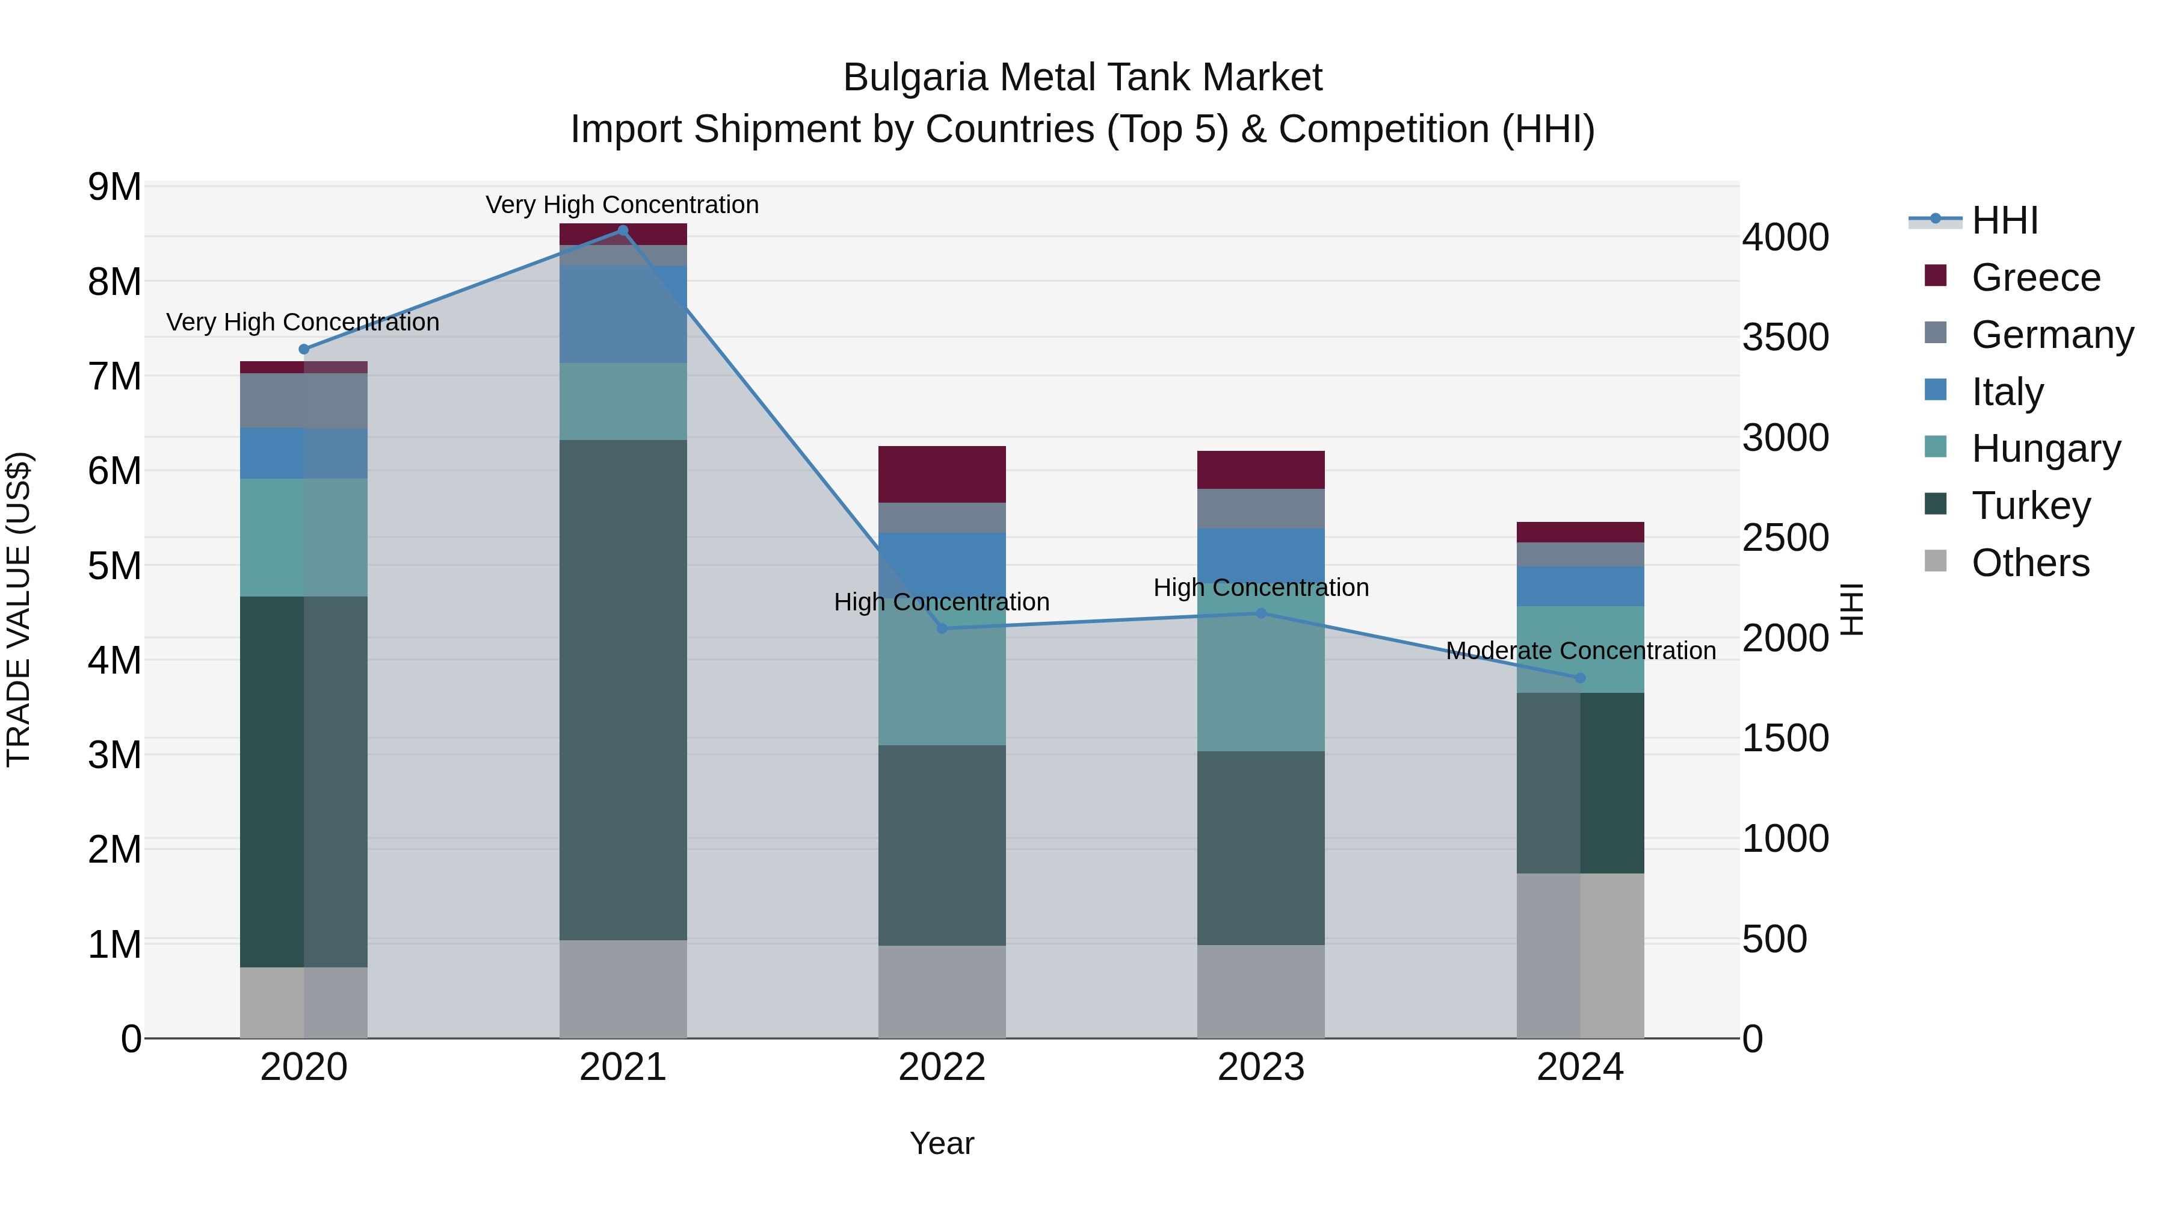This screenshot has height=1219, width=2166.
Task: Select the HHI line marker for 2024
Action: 1580,678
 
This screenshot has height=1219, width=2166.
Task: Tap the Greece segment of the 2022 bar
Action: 942,474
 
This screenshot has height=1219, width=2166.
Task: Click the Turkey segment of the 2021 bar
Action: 623,690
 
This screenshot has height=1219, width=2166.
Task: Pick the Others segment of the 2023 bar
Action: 1260,991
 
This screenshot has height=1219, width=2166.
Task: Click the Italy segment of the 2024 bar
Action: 1580,586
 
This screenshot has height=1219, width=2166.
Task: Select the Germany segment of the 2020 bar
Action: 304,400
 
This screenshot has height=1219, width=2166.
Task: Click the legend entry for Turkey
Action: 2030,506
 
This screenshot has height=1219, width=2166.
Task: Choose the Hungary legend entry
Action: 2045,448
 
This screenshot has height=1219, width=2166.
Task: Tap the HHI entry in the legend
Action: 2004,220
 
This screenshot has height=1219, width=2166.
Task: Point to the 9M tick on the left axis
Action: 114,187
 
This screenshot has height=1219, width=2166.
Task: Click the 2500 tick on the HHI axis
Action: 1785,538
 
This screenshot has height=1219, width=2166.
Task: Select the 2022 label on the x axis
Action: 942,1067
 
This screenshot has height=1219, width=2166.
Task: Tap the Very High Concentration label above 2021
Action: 622,205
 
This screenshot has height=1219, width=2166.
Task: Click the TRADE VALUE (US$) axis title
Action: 19,609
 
